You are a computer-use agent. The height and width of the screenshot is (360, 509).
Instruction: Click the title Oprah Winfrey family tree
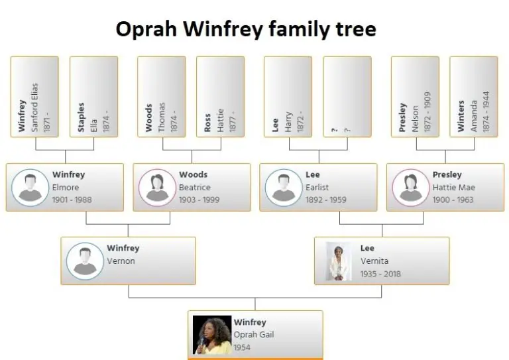point(245,29)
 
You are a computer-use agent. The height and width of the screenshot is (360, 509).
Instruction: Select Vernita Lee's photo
point(339,261)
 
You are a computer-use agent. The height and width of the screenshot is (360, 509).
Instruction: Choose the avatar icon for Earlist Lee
point(284,187)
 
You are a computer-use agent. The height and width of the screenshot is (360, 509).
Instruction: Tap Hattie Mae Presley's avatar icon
point(410,187)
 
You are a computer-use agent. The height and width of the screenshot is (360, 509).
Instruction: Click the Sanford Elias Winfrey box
point(34,97)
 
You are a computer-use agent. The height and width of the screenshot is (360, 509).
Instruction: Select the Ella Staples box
point(93,97)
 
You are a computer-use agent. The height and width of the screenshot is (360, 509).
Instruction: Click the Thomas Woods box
point(162,97)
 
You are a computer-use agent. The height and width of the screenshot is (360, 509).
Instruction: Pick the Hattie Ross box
point(220,97)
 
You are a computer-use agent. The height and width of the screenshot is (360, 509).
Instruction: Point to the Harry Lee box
point(288,97)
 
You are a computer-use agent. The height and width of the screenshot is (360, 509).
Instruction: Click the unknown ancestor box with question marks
point(347,97)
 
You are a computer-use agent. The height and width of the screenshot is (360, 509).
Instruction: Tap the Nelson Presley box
point(415,97)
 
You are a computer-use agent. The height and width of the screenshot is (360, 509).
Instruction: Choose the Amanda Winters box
point(473,97)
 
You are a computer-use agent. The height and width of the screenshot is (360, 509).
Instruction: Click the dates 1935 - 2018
point(380,274)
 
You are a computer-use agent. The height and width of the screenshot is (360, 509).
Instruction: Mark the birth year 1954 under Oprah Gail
point(242,347)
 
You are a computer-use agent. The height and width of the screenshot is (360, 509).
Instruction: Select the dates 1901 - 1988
point(72,200)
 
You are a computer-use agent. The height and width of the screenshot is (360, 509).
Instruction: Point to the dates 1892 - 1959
point(325,200)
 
